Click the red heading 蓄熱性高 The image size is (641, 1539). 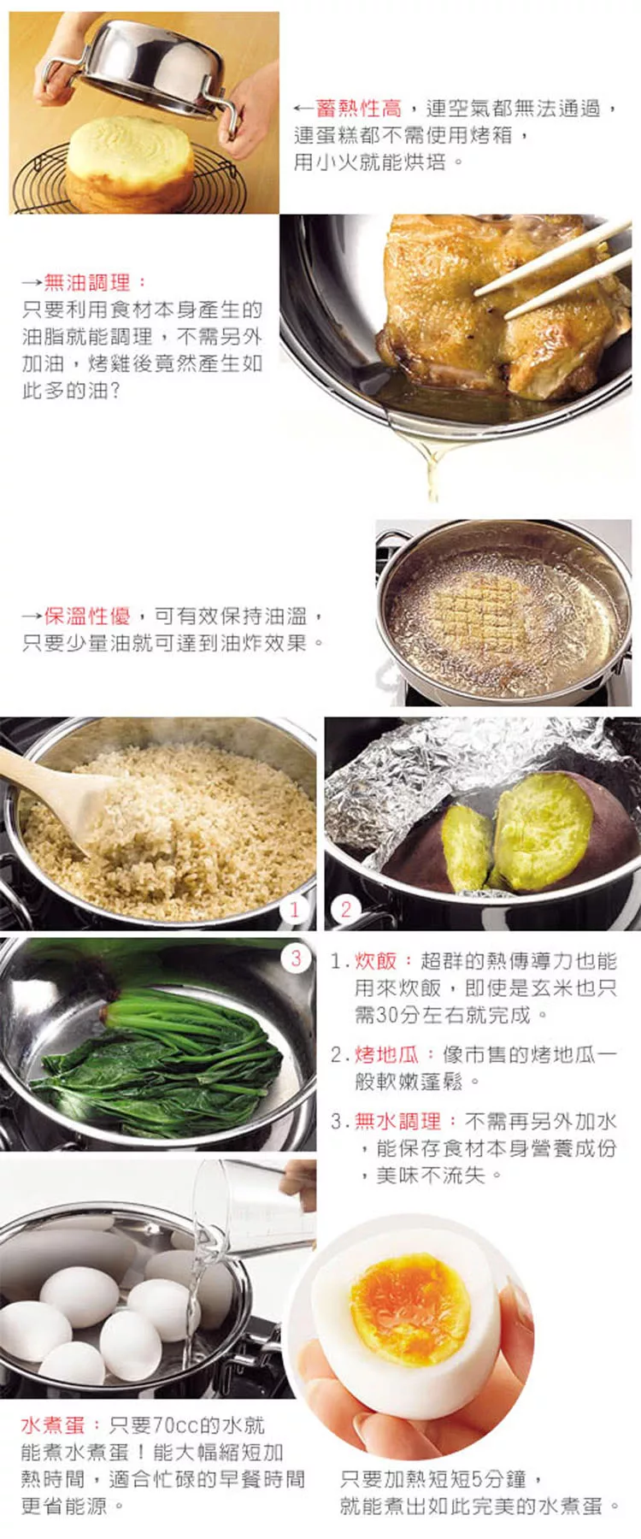[x=358, y=108]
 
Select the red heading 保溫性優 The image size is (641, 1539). [x=87, y=616]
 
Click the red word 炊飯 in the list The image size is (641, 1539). [x=376, y=961]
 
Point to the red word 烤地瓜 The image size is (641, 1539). [x=386, y=1054]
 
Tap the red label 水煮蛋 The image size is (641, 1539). [x=53, y=1424]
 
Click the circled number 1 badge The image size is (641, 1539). [x=295, y=909]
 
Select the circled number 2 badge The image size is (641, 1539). [x=345, y=909]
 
